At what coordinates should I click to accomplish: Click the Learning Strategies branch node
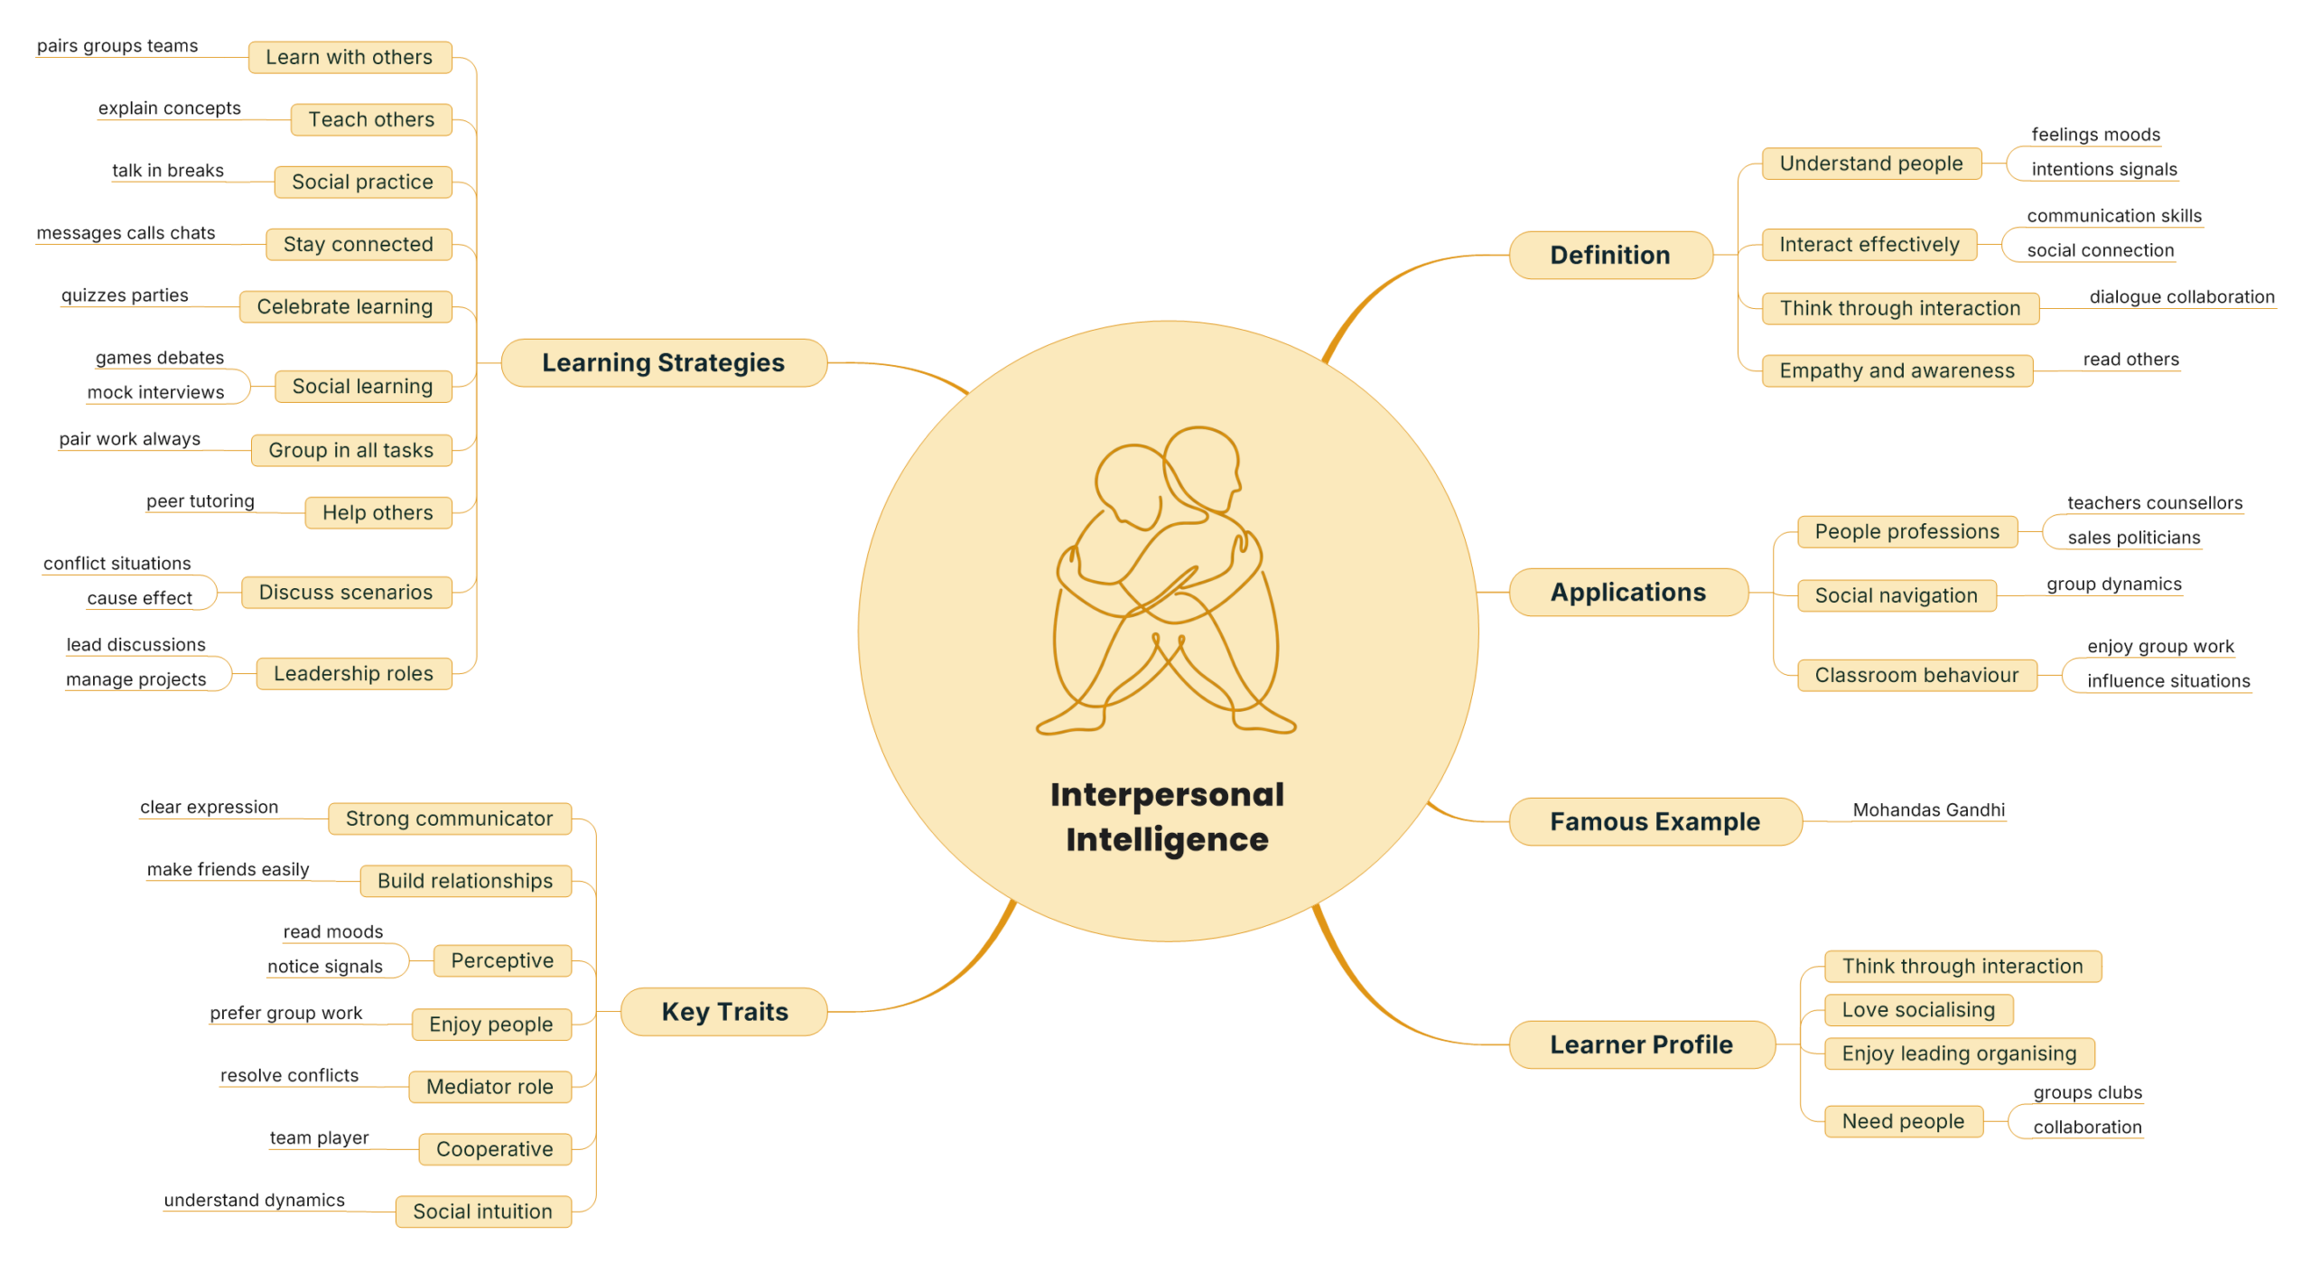[x=663, y=362]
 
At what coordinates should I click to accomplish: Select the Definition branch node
[x=1609, y=255]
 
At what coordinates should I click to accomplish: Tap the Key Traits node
[x=724, y=1011]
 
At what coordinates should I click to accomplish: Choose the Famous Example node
[x=1655, y=821]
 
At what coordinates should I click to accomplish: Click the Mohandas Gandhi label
[x=1928, y=809]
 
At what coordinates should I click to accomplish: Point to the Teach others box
[x=371, y=119]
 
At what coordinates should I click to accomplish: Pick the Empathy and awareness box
[x=1897, y=370]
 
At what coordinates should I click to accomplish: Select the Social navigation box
[x=1896, y=595]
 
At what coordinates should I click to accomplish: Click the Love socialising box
[x=1918, y=1009]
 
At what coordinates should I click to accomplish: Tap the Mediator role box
[x=489, y=1086]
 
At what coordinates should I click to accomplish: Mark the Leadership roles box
[x=353, y=673]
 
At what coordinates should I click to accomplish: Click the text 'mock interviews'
[x=155, y=392]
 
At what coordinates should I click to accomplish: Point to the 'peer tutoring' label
[x=200, y=501]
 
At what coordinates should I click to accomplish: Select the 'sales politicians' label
[x=2133, y=538]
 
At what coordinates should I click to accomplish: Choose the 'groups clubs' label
[x=2087, y=1092]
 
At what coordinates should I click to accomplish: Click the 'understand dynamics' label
[x=254, y=1200]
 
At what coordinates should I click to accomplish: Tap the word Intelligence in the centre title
[x=1167, y=839]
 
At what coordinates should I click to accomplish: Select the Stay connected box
[x=359, y=244]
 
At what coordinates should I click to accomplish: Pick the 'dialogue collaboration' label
[x=2181, y=296]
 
